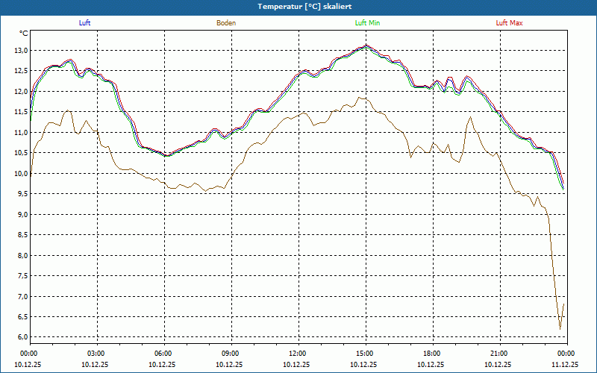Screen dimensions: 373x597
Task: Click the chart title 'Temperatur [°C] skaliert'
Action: (298, 7)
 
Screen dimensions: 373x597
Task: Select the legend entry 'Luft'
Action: (84, 23)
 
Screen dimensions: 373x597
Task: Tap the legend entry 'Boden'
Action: (226, 23)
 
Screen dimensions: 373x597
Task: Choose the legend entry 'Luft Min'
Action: (367, 23)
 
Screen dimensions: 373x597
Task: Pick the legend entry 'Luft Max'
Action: (510, 23)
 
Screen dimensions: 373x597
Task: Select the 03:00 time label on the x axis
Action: (96, 354)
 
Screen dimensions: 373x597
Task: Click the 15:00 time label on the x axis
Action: (365, 354)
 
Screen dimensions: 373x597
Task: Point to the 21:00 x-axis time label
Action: (499, 354)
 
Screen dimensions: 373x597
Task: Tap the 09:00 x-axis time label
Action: (231, 354)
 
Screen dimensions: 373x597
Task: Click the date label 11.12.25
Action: (565, 365)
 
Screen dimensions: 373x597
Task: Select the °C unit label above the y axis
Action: (24, 34)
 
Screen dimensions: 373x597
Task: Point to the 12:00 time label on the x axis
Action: (298, 354)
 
